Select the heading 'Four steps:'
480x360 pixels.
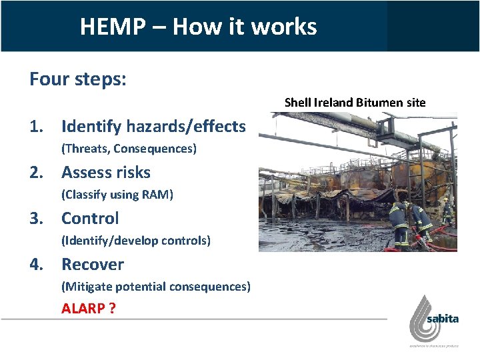point(78,79)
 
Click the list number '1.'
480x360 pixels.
point(37,126)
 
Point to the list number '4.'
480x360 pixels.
point(37,265)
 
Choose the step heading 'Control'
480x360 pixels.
point(90,218)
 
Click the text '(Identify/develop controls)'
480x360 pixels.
point(135,241)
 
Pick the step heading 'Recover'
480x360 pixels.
point(93,265)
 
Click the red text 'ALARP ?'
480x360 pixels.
point(88,309)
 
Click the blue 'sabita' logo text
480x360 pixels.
point(443,319)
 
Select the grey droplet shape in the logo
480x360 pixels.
point(419,319)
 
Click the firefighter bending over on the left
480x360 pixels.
point(399,221)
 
